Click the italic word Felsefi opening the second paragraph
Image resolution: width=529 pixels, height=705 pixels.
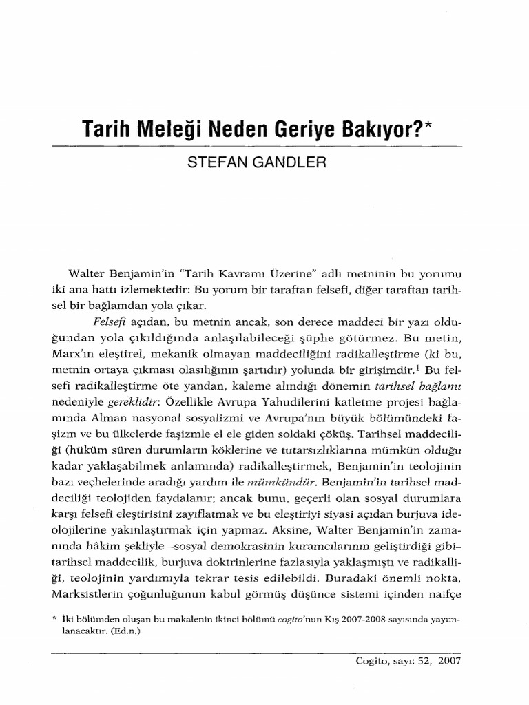pos(106,322)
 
